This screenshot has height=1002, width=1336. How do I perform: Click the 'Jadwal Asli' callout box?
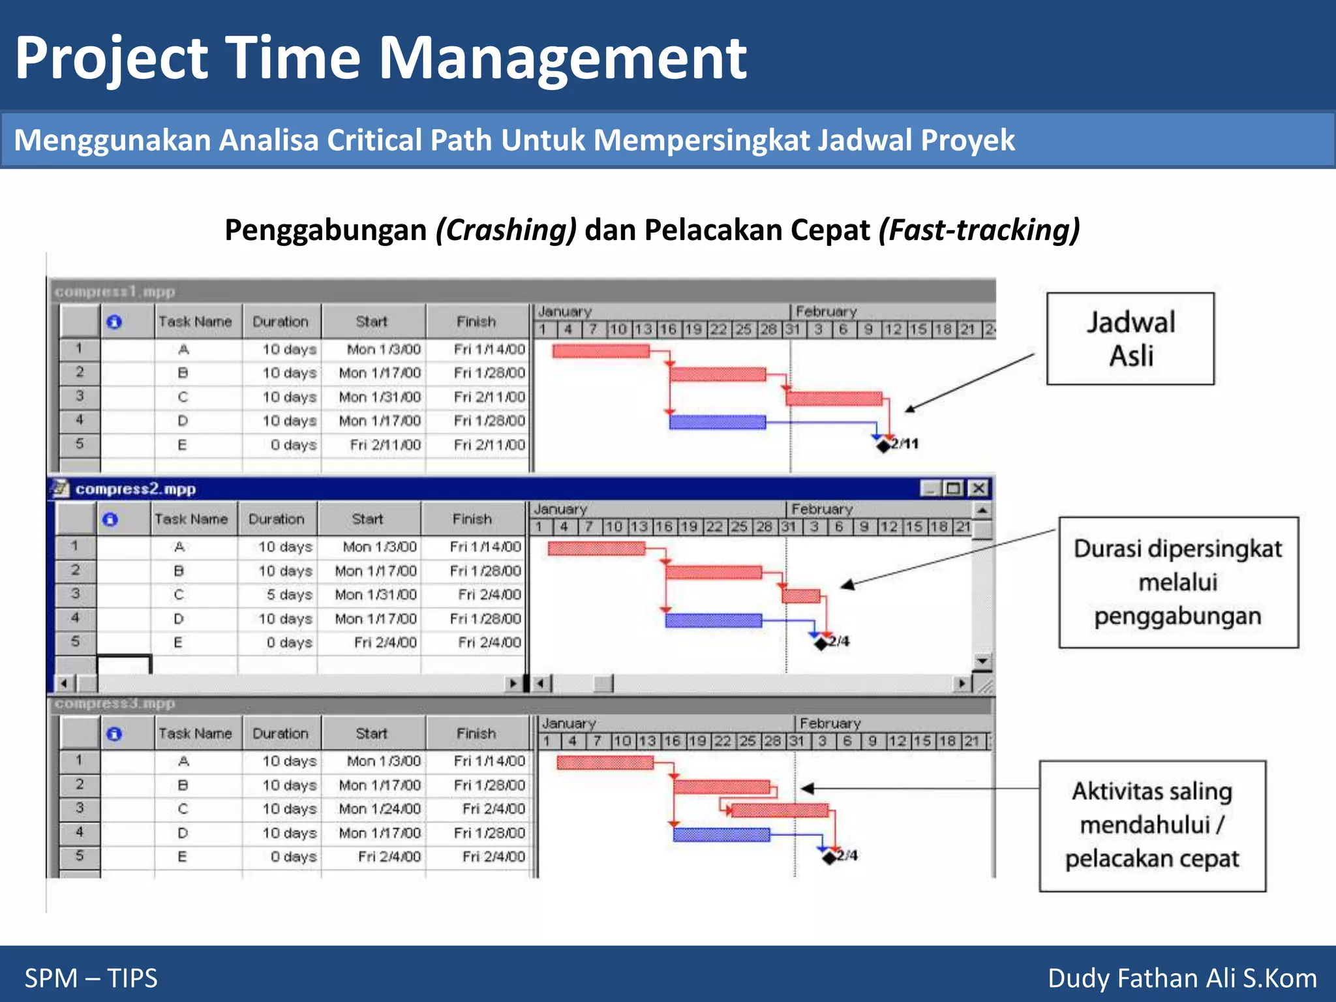tap(1130, 339)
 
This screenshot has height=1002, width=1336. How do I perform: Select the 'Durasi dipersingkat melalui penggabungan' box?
tap(1178, 582)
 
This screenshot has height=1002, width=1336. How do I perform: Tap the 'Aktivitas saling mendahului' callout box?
tap(1152, 825)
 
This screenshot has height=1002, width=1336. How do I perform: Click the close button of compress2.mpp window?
tap(978, 488)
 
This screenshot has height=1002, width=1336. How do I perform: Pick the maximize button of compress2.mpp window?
tap(954, 488)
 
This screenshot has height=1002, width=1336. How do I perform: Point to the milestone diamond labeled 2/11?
tap(883, 446)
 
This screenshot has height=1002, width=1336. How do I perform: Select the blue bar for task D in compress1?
tap(718, 422)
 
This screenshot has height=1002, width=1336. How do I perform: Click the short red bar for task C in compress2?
tap(801, 596)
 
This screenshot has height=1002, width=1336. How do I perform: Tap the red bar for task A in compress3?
tap(605, 763)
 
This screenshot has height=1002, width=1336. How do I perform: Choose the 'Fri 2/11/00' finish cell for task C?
tap(489, 397)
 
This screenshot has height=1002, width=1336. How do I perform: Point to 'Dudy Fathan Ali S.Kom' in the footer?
tap(1182, 978)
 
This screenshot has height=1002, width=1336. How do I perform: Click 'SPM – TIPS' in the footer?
tap(91, 978)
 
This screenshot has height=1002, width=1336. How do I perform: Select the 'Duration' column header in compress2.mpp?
tap(277, 519)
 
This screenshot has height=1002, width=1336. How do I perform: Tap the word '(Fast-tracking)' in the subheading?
tap(979, 230)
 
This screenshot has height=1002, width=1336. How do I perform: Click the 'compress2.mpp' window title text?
tap(136, 489)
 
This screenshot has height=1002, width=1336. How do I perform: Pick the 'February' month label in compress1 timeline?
tap(826, 312)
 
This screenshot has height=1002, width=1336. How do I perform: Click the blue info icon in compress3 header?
tap(114, 734)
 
